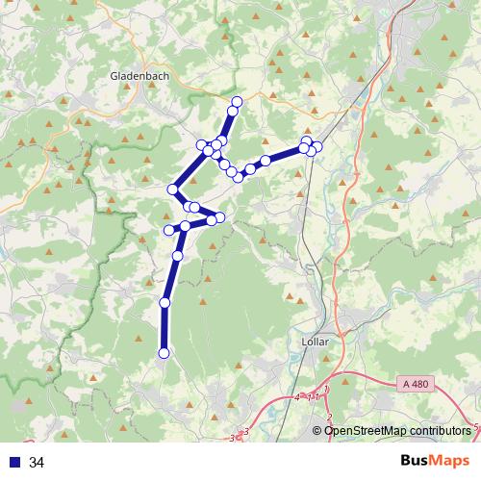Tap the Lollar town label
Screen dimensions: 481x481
pyautogui.click(x=315, y=342)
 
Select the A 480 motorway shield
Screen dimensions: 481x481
pyautogui.click(x=415, y=384)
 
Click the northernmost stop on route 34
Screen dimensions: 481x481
pyautogui.click(x=237, y=101)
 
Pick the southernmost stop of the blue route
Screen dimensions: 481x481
pyautogui.click(x=164, y=353)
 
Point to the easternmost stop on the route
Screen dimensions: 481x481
pyautogui.click(x=317, y=146)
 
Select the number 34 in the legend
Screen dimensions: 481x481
pyautogui.click(x=37, y=463)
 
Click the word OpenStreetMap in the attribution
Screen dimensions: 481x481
pyautogui.click(x=367, y=431)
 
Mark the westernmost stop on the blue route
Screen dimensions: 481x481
pyautogui.click(x=169, y=229)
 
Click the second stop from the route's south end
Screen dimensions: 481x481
pyautogui.click(x=165, y=303)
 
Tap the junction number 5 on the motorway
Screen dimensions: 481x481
pyautogui.click(x=476, y=425)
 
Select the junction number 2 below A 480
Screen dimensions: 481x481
pyautogui.click(x=329, y=417)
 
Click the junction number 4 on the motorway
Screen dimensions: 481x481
pyautogui.click(x=299, y=396)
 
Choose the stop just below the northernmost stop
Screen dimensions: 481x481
pyautogui.click(x=232, y=112)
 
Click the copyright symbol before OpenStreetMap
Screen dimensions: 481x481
pyautogui.click(x=318, y=431)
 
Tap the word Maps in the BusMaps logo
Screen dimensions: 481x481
pyautogui.click(x=451, y=462)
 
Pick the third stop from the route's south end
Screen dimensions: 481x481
pyautogui.click(x=178, y=256)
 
